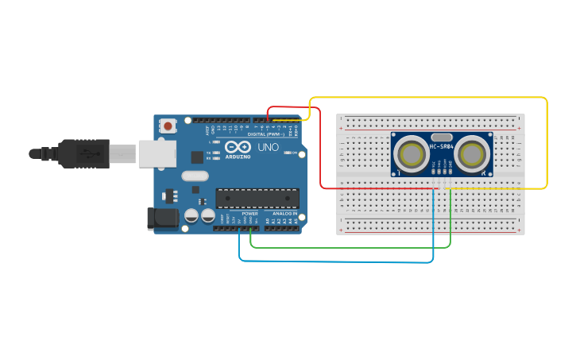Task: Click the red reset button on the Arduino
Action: [x=168, y=126]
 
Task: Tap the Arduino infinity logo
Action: [x=237, y=147]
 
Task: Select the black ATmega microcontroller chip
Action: [x=257, y=199]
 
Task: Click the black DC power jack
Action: [x=164, y=219]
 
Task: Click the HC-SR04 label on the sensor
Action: [x=441, y=146]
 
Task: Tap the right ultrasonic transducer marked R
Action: [x=471, y=154]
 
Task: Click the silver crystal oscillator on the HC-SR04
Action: [x=442, y=136]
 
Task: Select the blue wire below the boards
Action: [x=334, y=261]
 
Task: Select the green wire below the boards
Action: [x=350, y=247]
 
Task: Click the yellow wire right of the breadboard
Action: [x=547, y=143]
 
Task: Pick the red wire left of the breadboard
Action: [x=320, y=151]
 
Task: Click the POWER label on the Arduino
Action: [x=249, y=214]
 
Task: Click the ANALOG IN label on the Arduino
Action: [x=284, y=214]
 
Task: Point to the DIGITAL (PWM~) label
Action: [x=266, y=134]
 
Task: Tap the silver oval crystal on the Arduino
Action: [x=195, y=176]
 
